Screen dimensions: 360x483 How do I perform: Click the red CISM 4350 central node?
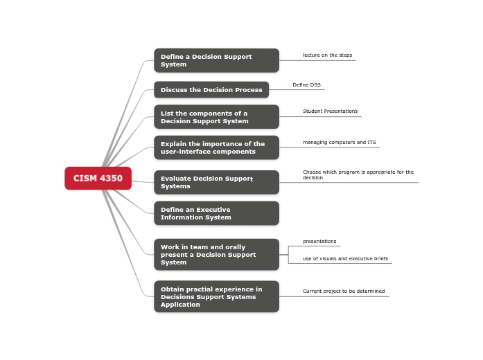[98, 178]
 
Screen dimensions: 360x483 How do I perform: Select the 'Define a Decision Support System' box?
[216, 60]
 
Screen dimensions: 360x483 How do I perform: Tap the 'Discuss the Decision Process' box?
[211, 90]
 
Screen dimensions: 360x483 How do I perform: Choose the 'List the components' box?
[216, 117]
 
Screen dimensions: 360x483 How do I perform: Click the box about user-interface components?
[216, 147]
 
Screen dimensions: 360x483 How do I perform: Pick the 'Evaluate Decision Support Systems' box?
[216, 182]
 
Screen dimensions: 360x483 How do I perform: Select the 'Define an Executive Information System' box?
[216, 213]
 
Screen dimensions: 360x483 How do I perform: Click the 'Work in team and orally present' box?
[216, 255]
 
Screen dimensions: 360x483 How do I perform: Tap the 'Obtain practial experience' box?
[216, 296]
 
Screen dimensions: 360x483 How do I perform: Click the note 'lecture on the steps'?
[327, 55]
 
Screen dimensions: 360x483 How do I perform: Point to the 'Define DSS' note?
[306, 85]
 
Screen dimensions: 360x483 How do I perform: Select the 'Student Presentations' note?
[330, 111]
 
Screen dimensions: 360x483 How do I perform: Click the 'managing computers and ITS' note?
[339, 143]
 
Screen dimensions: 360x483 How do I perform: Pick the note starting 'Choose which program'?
[358, 174]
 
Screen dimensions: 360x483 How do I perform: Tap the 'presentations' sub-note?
[319, 242]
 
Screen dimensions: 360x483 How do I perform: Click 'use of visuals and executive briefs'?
[345, 259]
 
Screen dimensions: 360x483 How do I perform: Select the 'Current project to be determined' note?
[344, 291]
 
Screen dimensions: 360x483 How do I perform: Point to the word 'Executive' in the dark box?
[213, 210]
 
